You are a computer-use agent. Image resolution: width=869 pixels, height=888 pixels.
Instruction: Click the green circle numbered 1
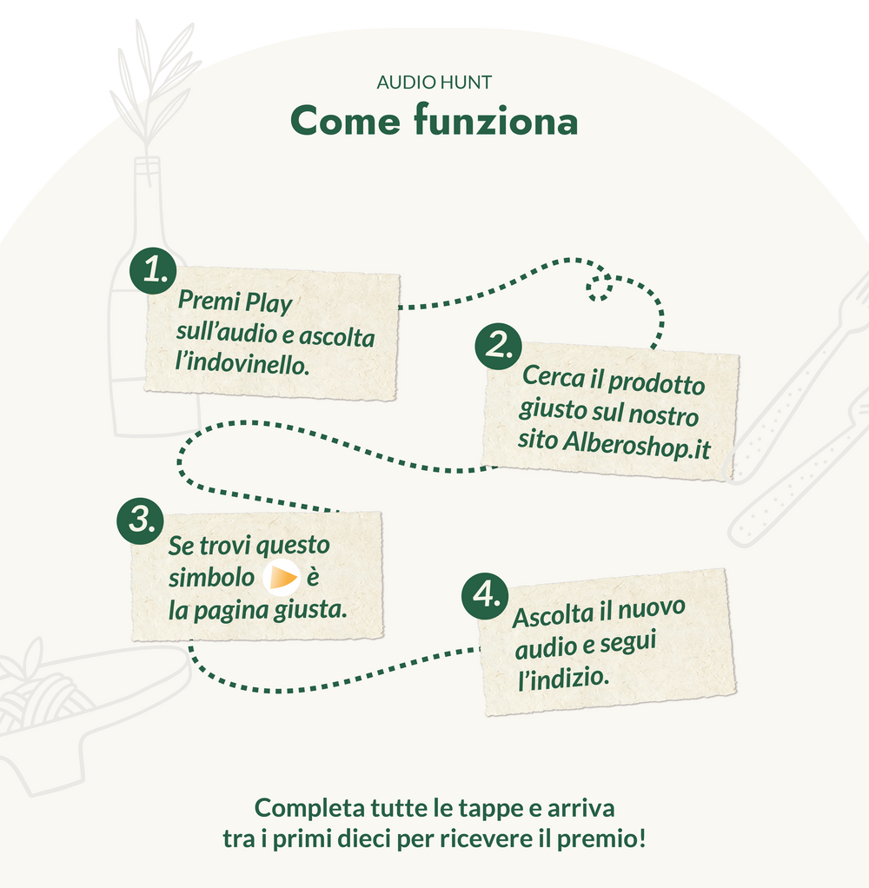[x=153, y=271]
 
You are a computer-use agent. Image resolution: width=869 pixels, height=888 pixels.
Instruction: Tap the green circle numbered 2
[x=498, y=347]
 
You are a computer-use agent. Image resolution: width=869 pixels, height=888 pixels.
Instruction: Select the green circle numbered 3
[x=140, y=520]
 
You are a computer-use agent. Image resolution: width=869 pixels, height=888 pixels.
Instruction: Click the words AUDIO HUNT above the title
[x=434, y=83]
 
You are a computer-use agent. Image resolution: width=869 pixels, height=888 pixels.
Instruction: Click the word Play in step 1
[x=269, y=305]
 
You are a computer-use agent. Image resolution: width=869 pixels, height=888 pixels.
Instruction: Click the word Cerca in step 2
[x=561, y=378]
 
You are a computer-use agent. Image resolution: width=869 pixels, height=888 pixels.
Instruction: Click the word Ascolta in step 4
[x=553, y=616]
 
